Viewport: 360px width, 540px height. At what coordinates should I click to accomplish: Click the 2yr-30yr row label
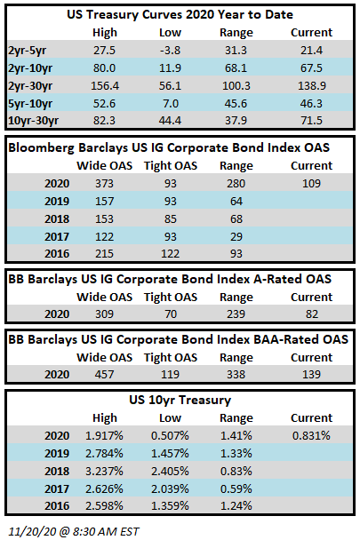(30, 86)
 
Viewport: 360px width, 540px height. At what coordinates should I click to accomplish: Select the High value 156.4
(105, 86)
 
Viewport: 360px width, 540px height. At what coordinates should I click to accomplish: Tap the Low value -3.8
(170, 51)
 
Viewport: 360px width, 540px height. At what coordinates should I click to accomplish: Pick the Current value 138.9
(312, 86)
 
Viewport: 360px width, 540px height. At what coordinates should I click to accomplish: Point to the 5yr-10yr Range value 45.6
(236, 104)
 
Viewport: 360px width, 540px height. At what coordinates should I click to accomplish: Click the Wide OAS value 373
(105, 184)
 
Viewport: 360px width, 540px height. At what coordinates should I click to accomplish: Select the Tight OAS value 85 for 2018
(171, 219)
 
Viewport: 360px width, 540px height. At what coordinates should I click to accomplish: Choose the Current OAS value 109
(312, 184)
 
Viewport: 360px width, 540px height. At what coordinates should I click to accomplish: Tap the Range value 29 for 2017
(236, 237)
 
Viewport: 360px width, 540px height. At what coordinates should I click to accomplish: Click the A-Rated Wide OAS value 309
(105, 314)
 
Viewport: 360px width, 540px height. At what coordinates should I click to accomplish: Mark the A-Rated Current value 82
(312, 314)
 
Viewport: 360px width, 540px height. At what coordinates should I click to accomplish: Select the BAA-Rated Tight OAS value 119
(171, 374)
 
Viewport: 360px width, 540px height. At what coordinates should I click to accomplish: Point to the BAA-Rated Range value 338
(236, 374)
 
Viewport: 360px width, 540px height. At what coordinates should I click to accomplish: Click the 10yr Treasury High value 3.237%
(105, 471)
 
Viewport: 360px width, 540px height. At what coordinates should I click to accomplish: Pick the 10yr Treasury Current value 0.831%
(311, 436)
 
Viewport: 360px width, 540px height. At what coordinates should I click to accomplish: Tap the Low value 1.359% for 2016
(170, 506)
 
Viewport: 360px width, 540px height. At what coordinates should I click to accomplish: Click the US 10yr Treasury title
(180, 401)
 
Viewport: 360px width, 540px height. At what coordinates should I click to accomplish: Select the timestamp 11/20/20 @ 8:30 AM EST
(74, 531)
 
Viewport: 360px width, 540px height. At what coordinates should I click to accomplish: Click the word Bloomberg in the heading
(42, 147)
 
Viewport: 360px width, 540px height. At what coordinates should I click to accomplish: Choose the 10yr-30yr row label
(34, 121)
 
